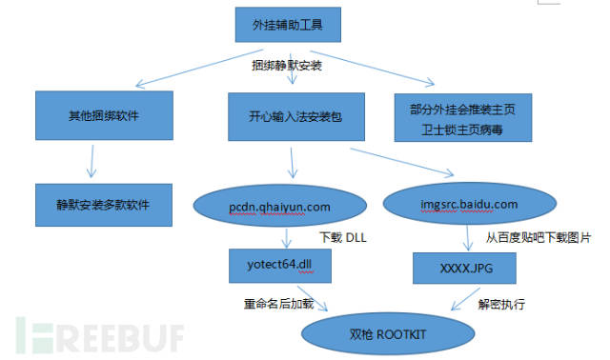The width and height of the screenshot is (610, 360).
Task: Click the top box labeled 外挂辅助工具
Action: coord(288,25)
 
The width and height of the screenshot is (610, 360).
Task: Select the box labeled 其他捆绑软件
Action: coord(104,115)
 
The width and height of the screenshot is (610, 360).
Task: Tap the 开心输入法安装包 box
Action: coord(296,116)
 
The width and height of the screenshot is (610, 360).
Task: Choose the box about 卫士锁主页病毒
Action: coord(463,117)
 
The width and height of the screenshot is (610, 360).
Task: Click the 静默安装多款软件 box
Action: coord(104,205)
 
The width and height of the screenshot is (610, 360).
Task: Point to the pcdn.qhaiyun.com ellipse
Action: coord(279,206)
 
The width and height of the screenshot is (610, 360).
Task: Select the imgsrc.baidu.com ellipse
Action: coord(470,203)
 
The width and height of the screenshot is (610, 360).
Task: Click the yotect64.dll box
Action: coord(280,266)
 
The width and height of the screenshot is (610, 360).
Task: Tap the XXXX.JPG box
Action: coord(464,269)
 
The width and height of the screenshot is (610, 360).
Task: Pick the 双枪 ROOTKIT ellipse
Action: coord(388,334)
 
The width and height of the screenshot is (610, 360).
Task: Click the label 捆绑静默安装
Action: coord(287,66)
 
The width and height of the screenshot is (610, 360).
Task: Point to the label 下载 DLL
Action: coord(343,237)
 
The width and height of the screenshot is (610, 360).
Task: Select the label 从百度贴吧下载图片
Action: coord(539,237)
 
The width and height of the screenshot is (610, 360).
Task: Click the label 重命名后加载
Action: coord(279,304)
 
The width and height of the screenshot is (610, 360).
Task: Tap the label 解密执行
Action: coord(501,304)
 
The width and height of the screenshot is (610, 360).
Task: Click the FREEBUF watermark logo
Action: coord(99,335)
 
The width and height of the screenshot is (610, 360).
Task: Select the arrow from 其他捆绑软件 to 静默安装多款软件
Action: coord(91,161)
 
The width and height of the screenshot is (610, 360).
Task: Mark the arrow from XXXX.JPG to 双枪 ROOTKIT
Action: coord(466,299)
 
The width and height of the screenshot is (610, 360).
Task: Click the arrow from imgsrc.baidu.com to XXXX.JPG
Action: coord(468,238)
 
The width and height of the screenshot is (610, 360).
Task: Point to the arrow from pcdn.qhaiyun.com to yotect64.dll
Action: coord(286,238)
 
